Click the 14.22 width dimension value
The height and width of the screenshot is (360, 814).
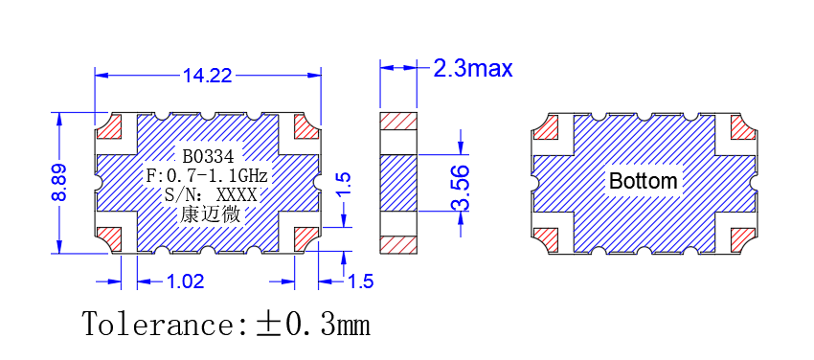tap(207, 77)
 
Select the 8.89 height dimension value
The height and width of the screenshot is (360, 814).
tap(58, 182)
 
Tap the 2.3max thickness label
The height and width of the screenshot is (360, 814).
tap(473, 69)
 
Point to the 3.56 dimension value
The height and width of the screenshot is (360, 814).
tap(461, 188)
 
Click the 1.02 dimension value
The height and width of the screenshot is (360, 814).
tap(185, 281)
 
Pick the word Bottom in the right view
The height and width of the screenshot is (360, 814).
tap(644, 181)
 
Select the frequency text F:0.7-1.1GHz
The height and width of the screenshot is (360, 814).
tap(207, 176)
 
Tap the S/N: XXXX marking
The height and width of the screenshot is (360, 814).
tap(210, 195)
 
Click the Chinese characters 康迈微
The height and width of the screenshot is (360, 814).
tap(211, 214)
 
